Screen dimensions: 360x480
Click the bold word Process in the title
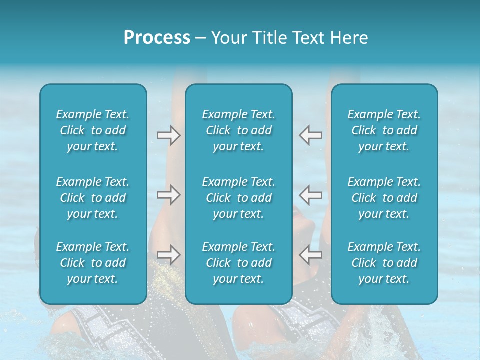pyautogui.click(x=157, y=38)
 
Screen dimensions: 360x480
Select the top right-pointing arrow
pyautogui.click(x=168, y=135)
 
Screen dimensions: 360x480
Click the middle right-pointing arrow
pyautogui.click(x=168, y=195)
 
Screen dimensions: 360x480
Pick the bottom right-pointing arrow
pyautogui.click(x=168, y=255)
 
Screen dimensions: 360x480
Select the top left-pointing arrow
pyautogui.click(x=311, y=135)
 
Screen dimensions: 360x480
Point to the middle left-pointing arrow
pyautogui.click(x=311, y=195)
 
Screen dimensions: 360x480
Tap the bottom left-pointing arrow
pyautogui.click(x=311, y=255)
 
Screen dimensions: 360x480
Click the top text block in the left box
pyautogui.click(x=93, y=130)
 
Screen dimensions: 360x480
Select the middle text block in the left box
pyautogui.click(x=93, y=198)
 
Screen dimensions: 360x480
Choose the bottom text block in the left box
pyautogui.click(x=93, y=263)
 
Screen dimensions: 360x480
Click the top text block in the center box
pyautogui.click(x=239, y=130)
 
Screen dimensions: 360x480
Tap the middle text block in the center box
pyautogui.click(x=239, y=198)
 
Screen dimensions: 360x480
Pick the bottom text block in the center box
pyautogui.click(x=239, y=263)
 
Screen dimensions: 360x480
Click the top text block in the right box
pyautogui.click(x=384, y=130)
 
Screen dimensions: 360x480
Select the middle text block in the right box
pyautogui.click(x=384, y=198)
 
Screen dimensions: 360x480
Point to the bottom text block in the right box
pyautogui.click(x=384, y=263)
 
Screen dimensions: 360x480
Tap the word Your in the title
pyautogui.click(x=227, y=38)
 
